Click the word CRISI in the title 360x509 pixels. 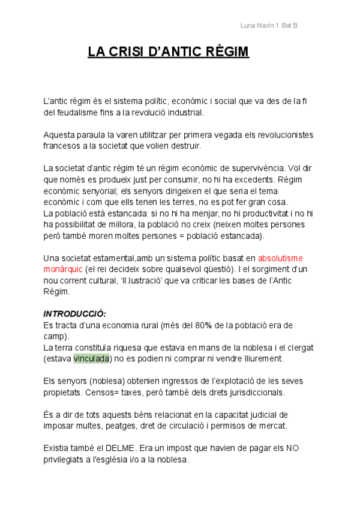[125, 52]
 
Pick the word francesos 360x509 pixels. [62, 145]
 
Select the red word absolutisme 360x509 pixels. [280, 258]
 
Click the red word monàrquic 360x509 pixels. [62, 269]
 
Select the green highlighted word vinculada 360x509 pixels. [92, 359]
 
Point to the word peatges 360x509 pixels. [122, 426]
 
